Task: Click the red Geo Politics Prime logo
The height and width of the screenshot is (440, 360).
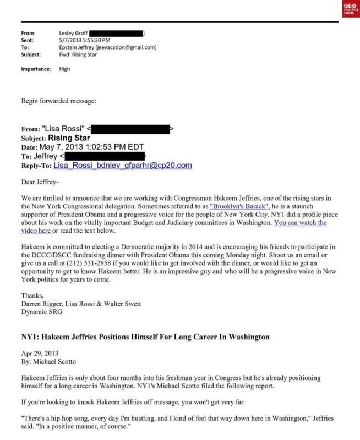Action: [x=350, y=9]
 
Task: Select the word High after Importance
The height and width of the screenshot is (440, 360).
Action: [x=64, y=69]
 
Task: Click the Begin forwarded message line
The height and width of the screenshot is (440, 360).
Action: [x=58, y=101]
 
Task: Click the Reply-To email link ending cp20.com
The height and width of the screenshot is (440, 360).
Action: [x=122, y=165]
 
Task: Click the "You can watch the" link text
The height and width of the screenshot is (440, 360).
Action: [x=300, y=223]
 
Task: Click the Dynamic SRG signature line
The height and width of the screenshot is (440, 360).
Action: [x=42, y=312]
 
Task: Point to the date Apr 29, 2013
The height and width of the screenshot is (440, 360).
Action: [x=40, y=353]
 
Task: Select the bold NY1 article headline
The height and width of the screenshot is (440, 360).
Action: [x=145, y=337]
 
